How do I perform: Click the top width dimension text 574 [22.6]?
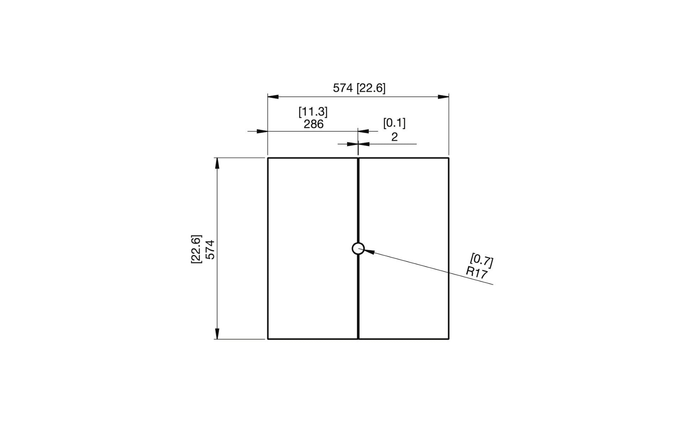[x=359, y=88]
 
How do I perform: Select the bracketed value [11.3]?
[x=313, y=112]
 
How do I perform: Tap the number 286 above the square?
[x=313, y=124]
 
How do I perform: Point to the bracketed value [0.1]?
[x=394, y=123]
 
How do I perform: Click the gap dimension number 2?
[x=394, y=137]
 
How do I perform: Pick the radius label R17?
[x=476, y=273]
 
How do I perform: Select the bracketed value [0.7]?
[x=482, y=260]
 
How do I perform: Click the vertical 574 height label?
[x=211, y=250]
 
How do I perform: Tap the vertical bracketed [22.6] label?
[x=196, y=249]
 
